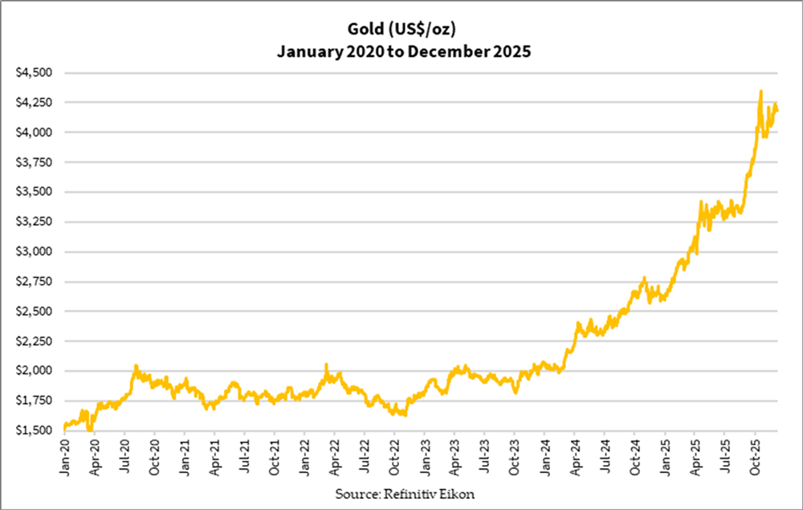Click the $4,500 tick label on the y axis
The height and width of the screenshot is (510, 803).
click(x=35, y=72)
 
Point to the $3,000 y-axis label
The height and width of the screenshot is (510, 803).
click(x=35, y=251)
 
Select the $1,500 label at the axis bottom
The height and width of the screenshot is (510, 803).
click(x=35, y=430)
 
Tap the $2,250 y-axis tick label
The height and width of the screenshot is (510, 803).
click(x=35, y=341)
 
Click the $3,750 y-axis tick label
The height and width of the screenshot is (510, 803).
click(x=35, y=162)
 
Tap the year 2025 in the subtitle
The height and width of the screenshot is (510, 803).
click(x=511, y=52)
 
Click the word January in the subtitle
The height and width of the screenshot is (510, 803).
click(x=308, y=52)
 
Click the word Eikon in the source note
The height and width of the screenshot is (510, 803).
click(x=457, y=494)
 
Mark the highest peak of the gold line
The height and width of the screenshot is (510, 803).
click(x=760, y=92)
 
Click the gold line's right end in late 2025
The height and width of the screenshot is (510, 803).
click(x=777, y=111)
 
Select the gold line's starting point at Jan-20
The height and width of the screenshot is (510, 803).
click(x=64, y=427)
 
